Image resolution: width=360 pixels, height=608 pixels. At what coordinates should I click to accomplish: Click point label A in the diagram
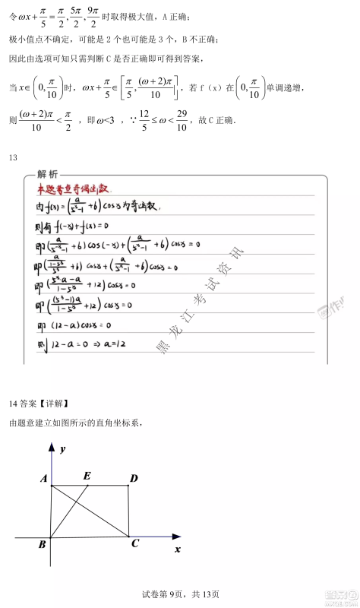(x=44, y=478)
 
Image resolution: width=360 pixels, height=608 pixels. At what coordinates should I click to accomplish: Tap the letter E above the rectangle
(x=87, y=476)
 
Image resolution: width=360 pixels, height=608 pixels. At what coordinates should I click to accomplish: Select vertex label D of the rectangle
(x=134, y=478)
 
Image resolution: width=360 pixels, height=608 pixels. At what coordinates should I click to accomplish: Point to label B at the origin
(x=43, y=544)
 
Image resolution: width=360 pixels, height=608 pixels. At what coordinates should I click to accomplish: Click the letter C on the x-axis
(x=134, y=543)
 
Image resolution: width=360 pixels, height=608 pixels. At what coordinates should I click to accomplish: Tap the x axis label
(x=178, y=548)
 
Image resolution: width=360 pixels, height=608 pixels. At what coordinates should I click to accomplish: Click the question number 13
(x=13, y=157)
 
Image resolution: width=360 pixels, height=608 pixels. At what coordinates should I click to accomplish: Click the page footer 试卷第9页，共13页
(x=180, y=594)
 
